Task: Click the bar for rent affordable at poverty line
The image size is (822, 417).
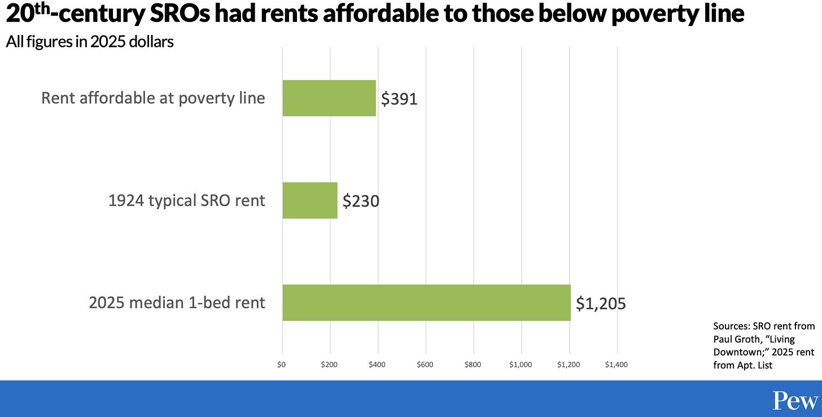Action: (329, 98)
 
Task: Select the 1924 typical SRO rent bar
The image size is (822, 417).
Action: (310, 200)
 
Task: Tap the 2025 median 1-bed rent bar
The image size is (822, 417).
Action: (426, 302)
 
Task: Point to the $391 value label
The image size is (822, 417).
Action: (399, 99)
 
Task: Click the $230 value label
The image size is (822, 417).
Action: (361, 201)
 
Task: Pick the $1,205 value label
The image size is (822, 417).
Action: (601, 304)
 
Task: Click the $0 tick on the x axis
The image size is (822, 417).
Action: (282, 365)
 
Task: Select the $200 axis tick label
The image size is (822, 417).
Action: (329, 365)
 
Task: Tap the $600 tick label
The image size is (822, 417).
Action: (425, 365)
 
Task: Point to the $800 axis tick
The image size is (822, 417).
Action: (473, 365)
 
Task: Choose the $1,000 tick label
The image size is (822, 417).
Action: (521, 365)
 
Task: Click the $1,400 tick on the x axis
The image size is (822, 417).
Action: (616, 365)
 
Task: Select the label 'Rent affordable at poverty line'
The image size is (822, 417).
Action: (153, 98)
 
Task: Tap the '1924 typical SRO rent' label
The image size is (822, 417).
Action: (186, 200)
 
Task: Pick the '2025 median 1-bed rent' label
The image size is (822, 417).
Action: (177, 302)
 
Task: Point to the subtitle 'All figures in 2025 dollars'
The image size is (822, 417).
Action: (90, 42)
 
